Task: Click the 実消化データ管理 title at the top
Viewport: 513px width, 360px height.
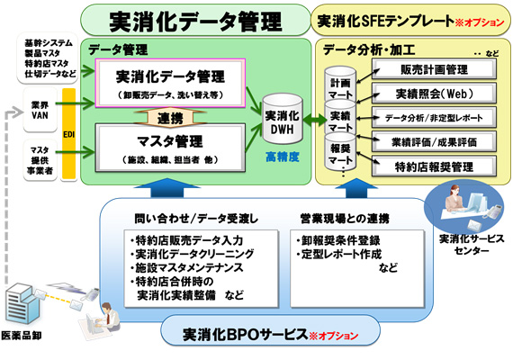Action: (194, 20)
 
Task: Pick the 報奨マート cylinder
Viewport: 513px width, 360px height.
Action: (339, 155)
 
